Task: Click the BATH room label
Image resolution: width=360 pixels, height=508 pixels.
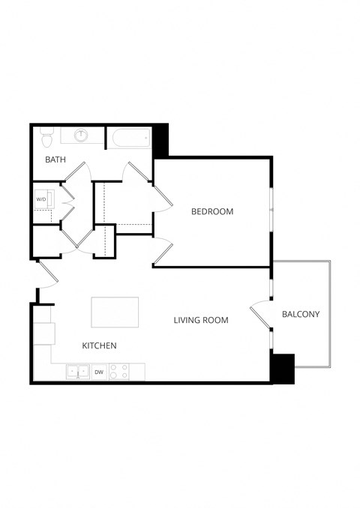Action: click(55, 160)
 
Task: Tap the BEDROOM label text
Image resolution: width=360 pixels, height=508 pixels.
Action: click(212, 211)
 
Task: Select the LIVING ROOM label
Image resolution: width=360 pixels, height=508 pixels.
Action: click(201, 320)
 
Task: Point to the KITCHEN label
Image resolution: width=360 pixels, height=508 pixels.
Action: click(99, 345)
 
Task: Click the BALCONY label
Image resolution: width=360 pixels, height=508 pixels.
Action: click(301, 314)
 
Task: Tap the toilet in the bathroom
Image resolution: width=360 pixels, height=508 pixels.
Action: click(46, 137)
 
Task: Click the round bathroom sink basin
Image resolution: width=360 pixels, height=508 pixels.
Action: click(82, 136)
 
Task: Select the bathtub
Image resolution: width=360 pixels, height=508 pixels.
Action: click(129, 138)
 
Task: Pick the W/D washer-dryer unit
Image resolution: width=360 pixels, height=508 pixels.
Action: click(42, 200)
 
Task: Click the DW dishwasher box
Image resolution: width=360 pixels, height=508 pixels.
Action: click(99, 371)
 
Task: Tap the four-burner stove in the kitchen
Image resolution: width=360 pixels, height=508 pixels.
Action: click(118, 371)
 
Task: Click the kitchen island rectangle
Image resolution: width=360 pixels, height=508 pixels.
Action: click(115, 312)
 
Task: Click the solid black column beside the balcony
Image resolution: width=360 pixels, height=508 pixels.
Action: click(283, 368)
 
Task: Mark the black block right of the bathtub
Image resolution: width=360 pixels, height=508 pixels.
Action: click(161, 140)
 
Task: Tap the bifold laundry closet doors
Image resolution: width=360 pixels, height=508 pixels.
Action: click(66, 201)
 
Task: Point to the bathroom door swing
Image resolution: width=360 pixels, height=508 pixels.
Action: click(78, 172)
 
